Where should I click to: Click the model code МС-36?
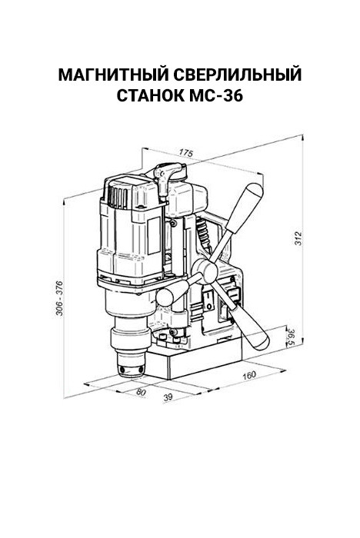coord(215,96)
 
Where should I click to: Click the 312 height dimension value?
coord(298,238)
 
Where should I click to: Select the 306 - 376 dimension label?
coord(59,298)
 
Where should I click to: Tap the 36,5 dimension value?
coord(292,337)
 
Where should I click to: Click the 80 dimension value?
coord(142,392)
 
